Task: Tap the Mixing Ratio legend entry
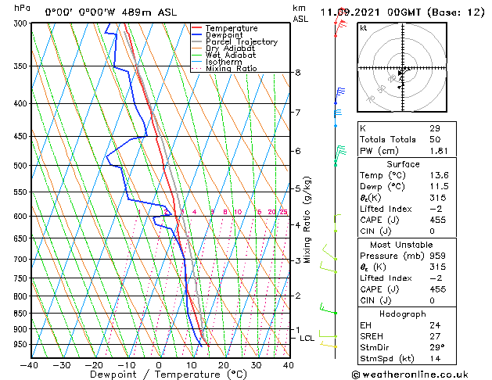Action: (x=231, y=69)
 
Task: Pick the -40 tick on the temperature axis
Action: (x=30, y=365)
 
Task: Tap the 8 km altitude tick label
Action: (x=298, y=73)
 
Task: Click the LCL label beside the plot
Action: (x=307, y=339)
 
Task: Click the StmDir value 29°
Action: (x=436, y=347)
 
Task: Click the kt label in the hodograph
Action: (x=363, y=27)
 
